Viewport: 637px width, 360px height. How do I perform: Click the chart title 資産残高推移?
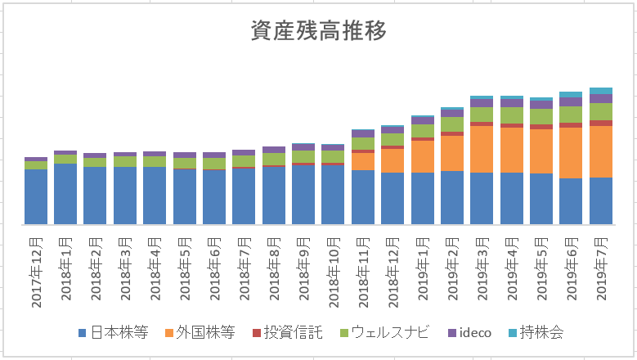click(x=318, y=31)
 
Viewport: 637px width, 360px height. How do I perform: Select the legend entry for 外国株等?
click(x=200, y=333)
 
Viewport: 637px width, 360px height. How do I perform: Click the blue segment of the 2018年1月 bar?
click(x=65, y=194)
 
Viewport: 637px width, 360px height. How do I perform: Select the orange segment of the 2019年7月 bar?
click(x=601, y=151)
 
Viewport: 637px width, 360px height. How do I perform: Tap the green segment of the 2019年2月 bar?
click(x=452, y=124)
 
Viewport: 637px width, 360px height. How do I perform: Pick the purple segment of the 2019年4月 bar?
click(x=512, y=102)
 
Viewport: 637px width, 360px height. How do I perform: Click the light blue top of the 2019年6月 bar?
click(x=571, y=95)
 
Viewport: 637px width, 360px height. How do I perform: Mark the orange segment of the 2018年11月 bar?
click(x=363, y=161)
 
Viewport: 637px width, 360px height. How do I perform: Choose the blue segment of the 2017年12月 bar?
click(x=36, y=196)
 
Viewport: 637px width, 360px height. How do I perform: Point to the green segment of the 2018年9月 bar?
click(x=303, y=156)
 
